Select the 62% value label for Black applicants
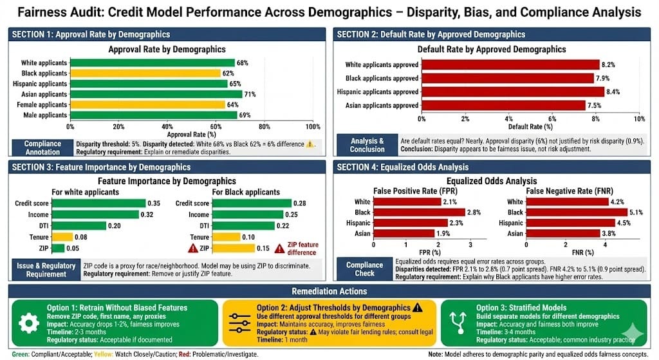227,73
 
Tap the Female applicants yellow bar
147,104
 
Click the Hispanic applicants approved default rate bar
512,91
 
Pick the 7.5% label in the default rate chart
596,106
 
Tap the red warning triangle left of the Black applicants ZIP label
191,248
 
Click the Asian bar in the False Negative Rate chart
563,233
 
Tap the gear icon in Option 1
28,323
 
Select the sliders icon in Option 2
239,323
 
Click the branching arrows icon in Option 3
458,323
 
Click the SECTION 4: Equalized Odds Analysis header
399,167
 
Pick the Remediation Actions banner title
329,290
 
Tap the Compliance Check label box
364,269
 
